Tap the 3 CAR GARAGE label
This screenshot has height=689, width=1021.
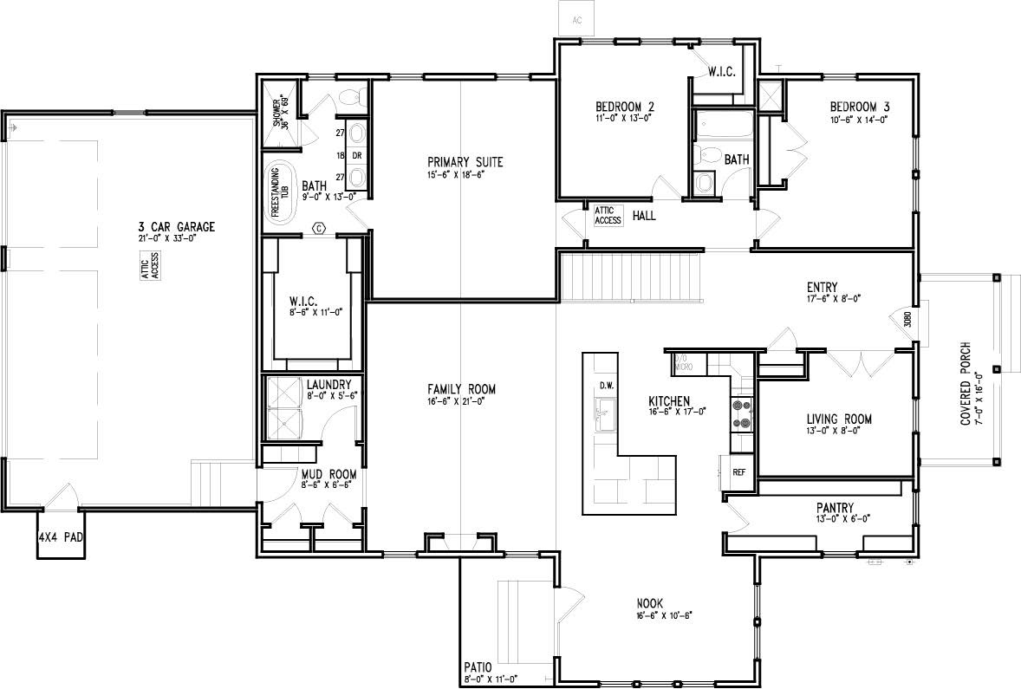pos(170,227)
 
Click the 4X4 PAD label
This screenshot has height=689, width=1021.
pos(60,537)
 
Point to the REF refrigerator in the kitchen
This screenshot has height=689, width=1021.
pos(738,473)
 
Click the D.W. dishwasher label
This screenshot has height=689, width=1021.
pos(605,385)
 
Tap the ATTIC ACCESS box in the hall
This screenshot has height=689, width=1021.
pos(608,215)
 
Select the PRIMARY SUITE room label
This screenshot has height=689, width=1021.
pos(465,162)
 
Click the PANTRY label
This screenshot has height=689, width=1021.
pos(835,508)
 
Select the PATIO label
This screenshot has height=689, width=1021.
pos(478,667)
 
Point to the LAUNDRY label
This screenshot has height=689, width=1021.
pos(328,384)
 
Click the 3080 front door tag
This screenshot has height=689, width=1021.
pos(907,318)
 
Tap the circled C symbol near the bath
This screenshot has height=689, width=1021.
pos(318,228)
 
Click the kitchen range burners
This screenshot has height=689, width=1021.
pos(742,413)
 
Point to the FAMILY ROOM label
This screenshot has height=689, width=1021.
pos(461,390)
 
